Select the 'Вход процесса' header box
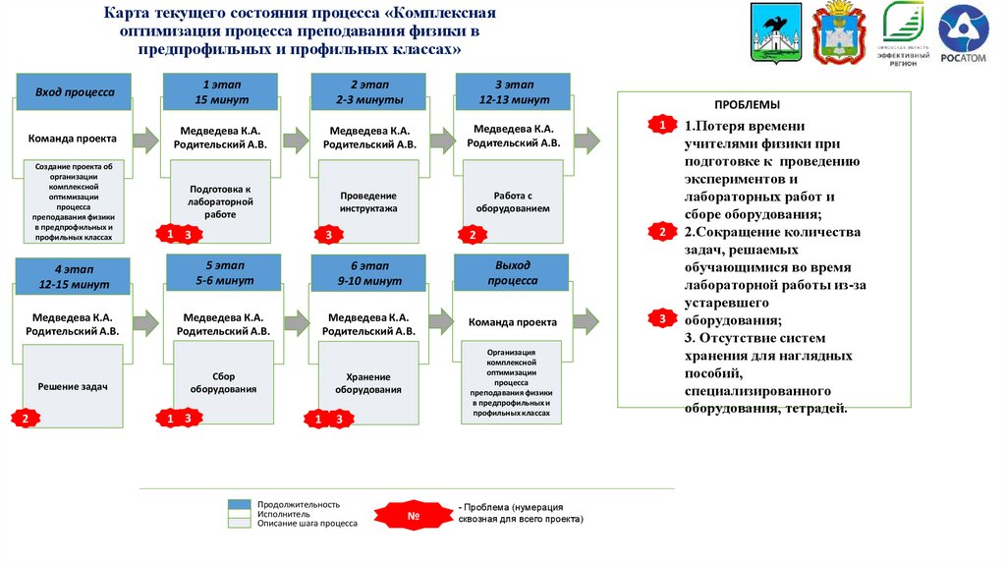click(75, 92)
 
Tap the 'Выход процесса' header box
click(512, 273)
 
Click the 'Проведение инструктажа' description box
click(368, 201)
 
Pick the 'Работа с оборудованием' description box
click(513, 201)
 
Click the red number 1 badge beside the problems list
click(662, 126)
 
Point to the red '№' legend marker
click(414, 515)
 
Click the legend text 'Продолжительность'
click(299, 504)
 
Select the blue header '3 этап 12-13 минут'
click(513, 92)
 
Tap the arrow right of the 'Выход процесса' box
click(586, 320)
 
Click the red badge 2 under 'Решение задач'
click(26, 419)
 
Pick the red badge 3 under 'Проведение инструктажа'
click(328, 235)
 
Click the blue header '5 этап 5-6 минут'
click(223, 272)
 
